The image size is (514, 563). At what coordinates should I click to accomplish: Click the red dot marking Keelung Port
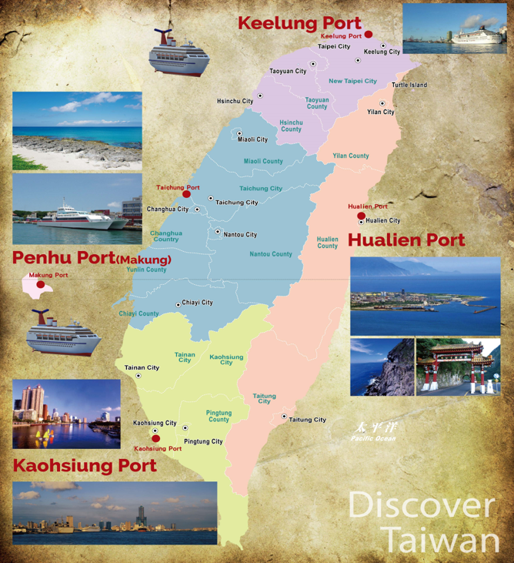(369, 35)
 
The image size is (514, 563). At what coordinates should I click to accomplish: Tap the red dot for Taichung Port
(186, 195)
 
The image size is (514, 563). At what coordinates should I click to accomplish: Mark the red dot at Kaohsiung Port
(156, 439)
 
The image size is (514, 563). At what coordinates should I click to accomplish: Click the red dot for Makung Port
(41, 284)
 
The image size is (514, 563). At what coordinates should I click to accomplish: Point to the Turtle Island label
(409, 85)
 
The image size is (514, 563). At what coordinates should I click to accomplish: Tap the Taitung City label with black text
(308, 420)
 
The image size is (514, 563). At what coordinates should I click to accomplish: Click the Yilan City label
(380, 112)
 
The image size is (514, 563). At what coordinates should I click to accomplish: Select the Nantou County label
(271, 254)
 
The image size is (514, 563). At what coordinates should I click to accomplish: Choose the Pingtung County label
(219, 416)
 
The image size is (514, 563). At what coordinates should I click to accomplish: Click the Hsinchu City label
(235, 101)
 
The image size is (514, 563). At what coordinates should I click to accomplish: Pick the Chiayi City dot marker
(179, 304)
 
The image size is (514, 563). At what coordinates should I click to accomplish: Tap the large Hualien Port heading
(407, 240)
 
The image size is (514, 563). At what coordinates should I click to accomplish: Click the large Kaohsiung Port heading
(85, 465)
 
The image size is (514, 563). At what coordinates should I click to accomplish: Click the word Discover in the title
(420, 506)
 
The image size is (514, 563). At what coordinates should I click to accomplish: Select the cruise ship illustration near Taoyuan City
(179, 52)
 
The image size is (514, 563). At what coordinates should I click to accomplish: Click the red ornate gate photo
(458, 367)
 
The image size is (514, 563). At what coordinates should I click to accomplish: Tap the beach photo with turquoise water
(77, 131)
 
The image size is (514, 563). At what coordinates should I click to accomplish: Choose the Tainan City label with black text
(142, 367)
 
